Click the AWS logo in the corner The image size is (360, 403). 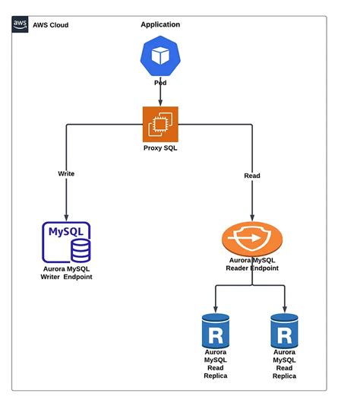21,24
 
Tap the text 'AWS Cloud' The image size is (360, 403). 50,25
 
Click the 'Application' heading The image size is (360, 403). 160,24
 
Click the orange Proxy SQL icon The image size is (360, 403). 160,124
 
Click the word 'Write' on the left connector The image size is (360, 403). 66,173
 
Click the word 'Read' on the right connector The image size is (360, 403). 251,176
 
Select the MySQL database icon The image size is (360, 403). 67,242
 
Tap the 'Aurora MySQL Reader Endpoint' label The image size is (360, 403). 253,264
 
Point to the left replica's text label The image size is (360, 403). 216,364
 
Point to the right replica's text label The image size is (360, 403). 284,364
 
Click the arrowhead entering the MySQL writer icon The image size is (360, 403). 67,217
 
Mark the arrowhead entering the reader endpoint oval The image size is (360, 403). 253,218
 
